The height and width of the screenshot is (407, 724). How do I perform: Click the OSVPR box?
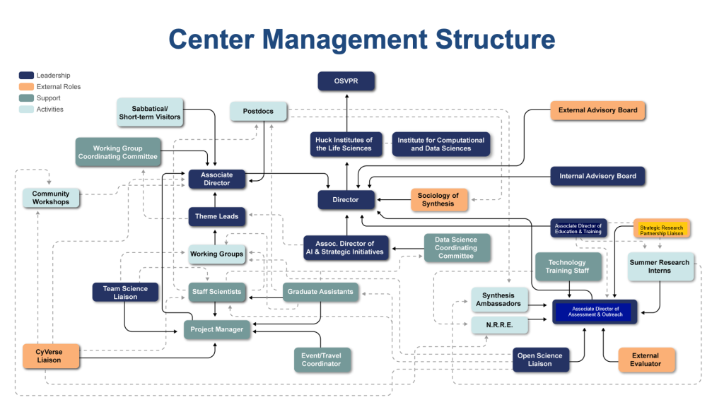[346, 81]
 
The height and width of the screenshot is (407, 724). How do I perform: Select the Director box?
[346, 200]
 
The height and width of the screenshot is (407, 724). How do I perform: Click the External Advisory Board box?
[597, 110]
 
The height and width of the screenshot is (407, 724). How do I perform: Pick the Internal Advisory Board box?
[597, 176]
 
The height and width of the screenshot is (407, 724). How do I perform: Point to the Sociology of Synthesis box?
[438, 200]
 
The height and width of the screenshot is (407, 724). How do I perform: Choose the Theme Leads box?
[217, 216]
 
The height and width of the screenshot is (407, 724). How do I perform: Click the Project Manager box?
[217, 329]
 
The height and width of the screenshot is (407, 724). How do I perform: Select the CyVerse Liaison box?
[49, 355]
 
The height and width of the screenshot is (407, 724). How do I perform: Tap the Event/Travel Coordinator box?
[322, 360]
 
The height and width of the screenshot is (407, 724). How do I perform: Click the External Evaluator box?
[646, 360]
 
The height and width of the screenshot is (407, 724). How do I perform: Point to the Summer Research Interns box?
[660, 266]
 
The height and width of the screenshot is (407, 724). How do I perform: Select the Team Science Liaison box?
[125, 293]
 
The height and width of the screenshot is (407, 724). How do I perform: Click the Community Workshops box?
[51, 198]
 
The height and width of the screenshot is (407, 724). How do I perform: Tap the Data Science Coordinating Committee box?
[456, 248]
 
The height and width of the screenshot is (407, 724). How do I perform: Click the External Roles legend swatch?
[26, 87]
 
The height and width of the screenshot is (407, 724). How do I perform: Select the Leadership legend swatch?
[26, 76]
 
